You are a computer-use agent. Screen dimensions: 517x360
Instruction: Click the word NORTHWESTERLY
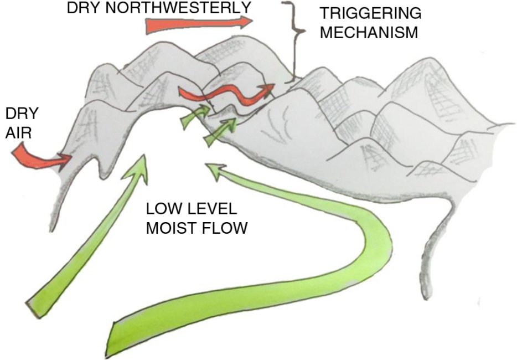click(x=178, y=8)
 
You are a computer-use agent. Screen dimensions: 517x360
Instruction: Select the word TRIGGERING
click(x=371, y=13)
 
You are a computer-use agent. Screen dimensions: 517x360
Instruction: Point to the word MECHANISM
click(x=369, y=32)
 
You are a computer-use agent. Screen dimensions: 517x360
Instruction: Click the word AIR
click(x=18, y=133)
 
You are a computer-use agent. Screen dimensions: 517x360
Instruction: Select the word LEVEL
click(x=211, y=209)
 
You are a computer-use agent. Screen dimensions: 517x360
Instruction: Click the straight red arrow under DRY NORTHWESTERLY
click(x=199, y=24)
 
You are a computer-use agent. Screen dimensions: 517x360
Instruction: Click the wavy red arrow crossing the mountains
click(x=228, y=93)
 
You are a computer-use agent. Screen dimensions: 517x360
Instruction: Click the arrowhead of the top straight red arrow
click(x=246, y=22)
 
